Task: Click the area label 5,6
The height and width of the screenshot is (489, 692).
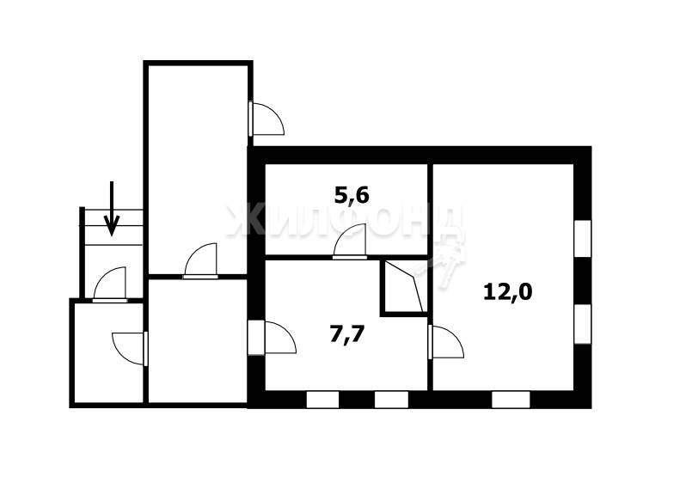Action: [352, 195]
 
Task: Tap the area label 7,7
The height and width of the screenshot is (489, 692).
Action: [347, 333]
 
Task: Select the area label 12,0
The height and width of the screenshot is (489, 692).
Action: [507, 291]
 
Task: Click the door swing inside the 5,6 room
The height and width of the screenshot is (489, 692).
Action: [350, 241]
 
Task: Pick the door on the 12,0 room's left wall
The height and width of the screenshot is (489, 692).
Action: [446, 341]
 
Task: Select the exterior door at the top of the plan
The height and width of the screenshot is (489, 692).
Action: [266, 119]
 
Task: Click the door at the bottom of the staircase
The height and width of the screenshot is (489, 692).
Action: [110, 284]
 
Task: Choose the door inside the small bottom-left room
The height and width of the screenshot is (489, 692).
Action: [130, 349]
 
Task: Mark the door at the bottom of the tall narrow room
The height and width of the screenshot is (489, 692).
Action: [201, 261]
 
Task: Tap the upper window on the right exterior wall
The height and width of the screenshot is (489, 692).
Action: [582, 238]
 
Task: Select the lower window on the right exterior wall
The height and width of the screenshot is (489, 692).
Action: [582, 323]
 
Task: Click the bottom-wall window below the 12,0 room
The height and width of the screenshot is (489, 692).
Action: [511, 400]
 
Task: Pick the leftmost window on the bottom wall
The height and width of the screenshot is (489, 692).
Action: [322, 400]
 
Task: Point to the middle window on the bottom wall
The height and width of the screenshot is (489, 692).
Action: [391, 400]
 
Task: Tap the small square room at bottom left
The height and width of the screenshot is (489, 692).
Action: [108, 352]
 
